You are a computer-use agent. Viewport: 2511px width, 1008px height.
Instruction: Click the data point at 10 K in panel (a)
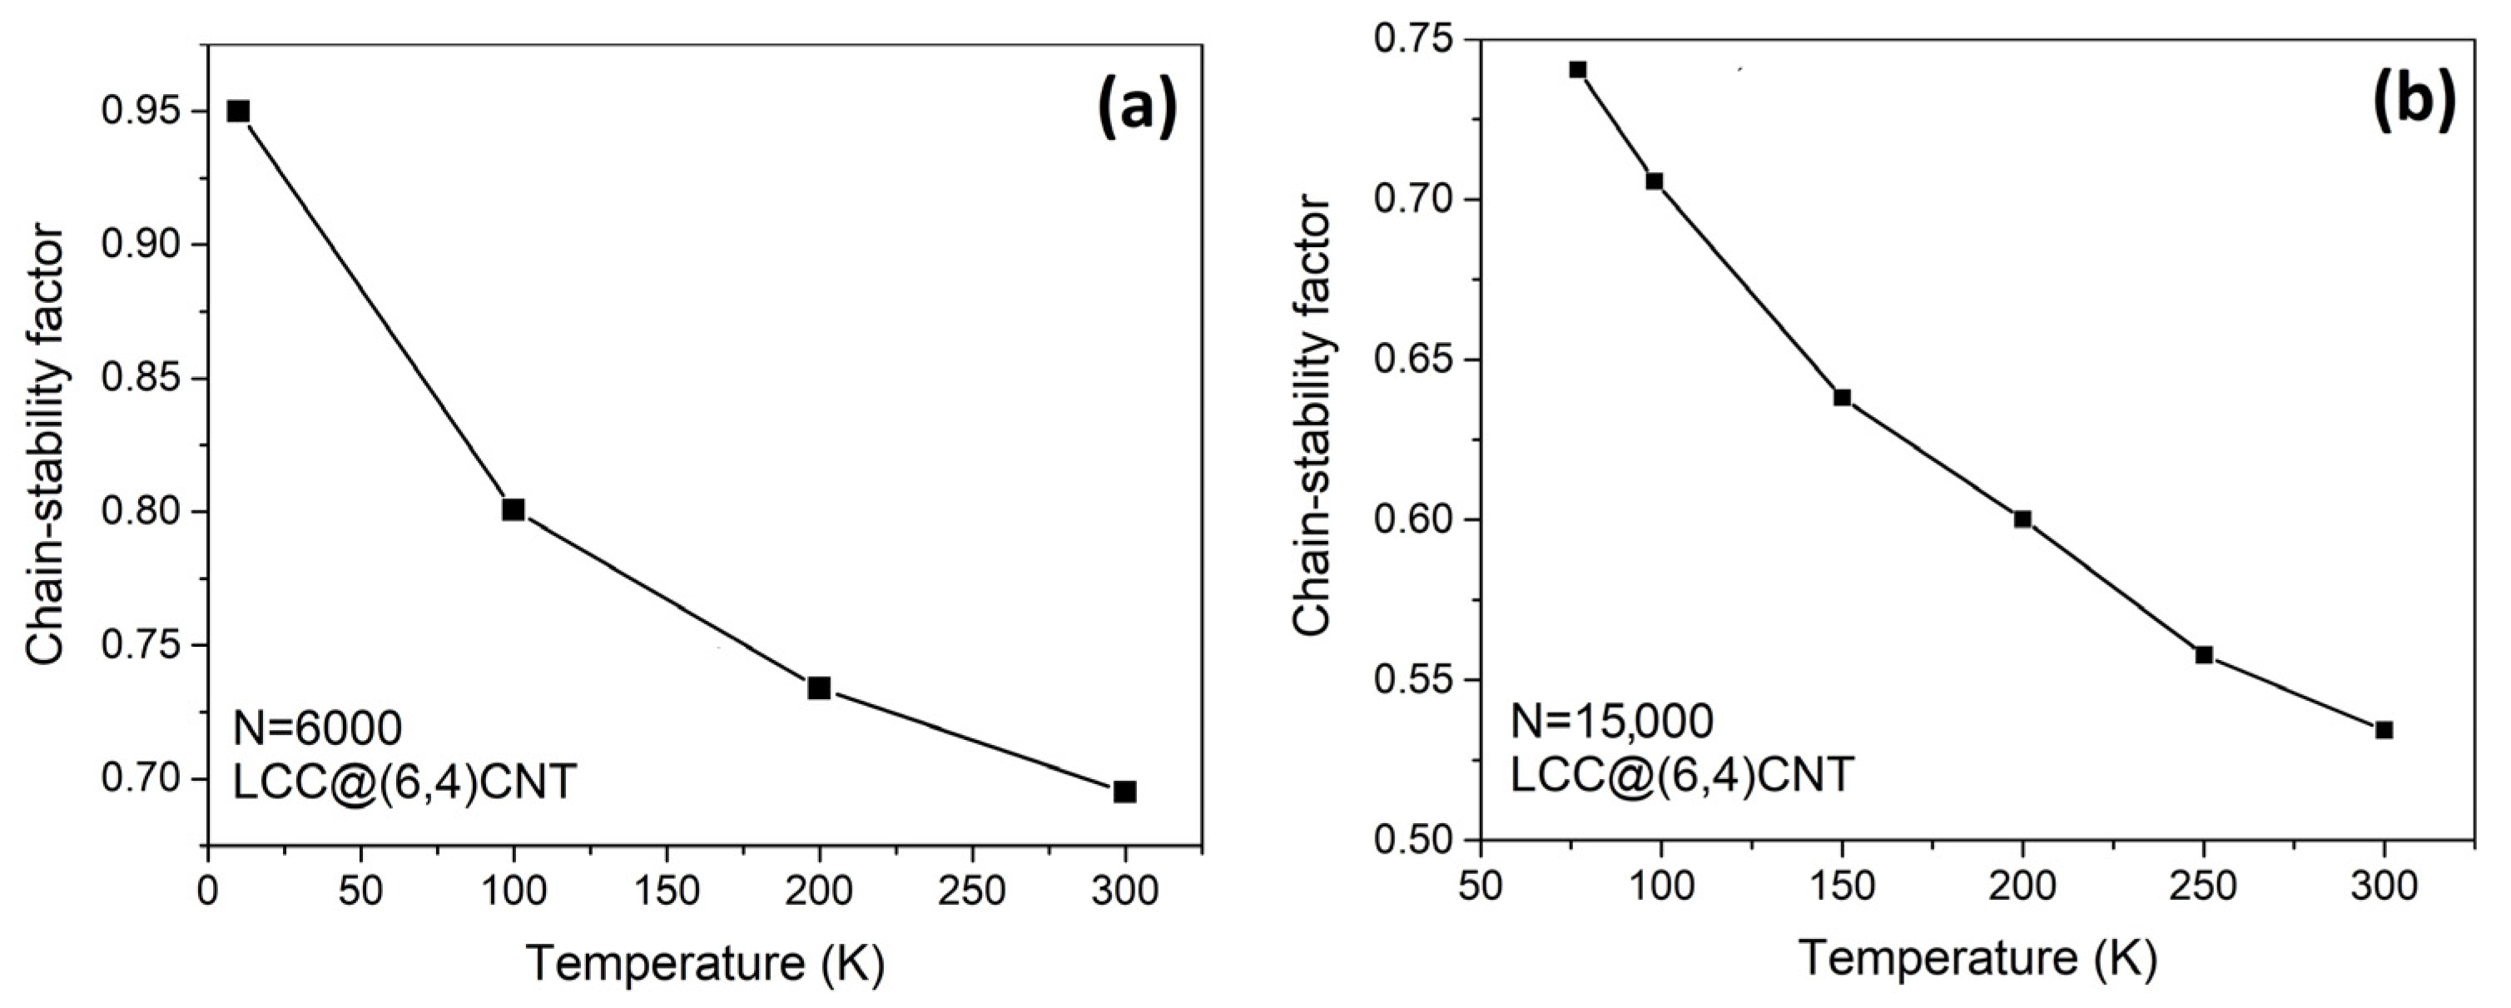[238, 112]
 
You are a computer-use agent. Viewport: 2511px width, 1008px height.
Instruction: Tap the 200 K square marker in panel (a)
[819, 688]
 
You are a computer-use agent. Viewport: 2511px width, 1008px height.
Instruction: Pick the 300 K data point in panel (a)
[1125, 792]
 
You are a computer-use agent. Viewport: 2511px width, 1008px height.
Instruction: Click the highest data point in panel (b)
[1578, 69]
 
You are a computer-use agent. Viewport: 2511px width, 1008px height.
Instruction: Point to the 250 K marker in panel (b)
[2204, 655]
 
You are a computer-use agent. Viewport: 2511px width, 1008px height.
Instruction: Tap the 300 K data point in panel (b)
[2384, 730]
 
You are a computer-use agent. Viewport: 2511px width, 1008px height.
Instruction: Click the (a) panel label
[1138, 109]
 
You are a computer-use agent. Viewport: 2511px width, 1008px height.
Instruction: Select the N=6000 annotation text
[318, 728]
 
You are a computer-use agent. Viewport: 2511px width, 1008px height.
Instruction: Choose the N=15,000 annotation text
[1611, 722]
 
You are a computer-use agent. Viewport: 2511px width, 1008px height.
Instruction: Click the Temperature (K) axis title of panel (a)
[706, 964]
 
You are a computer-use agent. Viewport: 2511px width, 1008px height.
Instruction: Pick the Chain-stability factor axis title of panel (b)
[1313, 416]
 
